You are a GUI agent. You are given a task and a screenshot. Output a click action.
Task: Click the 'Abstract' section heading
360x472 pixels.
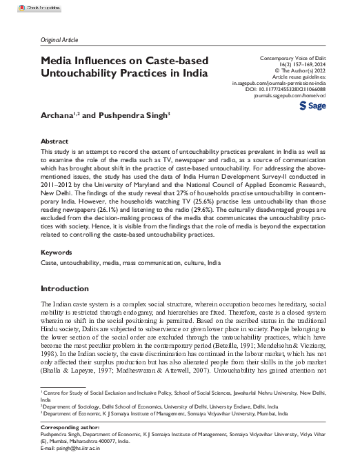pyautogui.click(x=55, y=139)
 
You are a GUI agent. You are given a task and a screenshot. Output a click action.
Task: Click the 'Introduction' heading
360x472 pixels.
pyautogui.click(x=65, y=288)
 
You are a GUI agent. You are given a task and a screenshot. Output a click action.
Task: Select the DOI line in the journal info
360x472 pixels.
pyautogui.click(x=293, y=90)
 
